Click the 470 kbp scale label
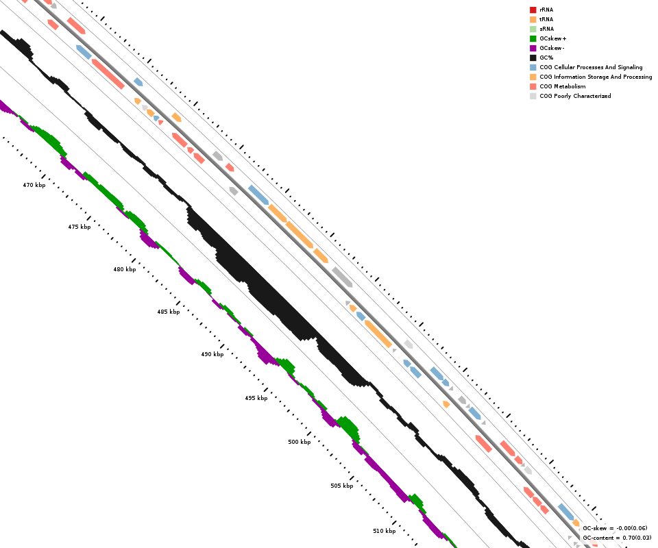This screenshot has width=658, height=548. (34, 185)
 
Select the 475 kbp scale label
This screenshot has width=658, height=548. (80, 227)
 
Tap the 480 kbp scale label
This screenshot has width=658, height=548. (125, 269)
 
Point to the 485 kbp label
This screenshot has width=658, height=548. (169, 312)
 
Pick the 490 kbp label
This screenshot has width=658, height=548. (212, 354)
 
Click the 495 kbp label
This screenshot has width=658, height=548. (256, 398)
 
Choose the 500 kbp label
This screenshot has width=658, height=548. (300, 442)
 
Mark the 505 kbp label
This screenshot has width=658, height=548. (341, 486)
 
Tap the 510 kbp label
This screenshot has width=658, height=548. (385, 531)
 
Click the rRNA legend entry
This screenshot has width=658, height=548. (541, 10)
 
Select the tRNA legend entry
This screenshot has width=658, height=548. (541, 19)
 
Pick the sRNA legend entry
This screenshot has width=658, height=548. (541, 29)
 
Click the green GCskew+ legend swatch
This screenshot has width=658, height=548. (533, 38)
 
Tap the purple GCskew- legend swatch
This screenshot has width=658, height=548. (533, 48)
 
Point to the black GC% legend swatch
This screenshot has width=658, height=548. (533, 58)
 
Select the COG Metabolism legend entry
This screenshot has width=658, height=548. (558, 86)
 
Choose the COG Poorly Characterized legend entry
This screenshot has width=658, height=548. (570, 96)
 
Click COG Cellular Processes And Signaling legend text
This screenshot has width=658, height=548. (591, 67)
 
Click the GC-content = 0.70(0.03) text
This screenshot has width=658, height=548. (617, 538)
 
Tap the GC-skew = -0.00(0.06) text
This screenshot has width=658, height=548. (615, 528)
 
